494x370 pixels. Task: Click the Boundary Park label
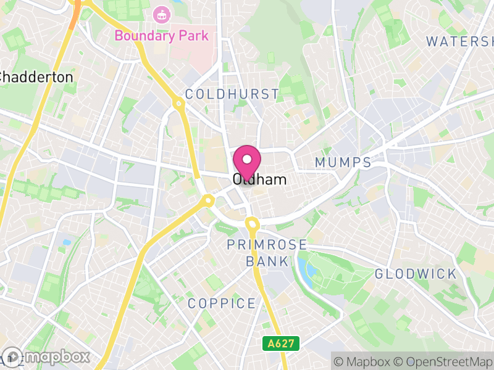(x=161, y=35)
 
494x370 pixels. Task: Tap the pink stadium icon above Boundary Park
(x=161, y=14)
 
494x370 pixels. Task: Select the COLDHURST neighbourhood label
(x=232, y=94)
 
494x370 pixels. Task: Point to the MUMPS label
(x=343, y=162)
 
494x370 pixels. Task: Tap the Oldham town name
(x=260, y=180)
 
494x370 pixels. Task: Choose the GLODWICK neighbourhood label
(x=416, y=274)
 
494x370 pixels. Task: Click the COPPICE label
(x=222, y=303)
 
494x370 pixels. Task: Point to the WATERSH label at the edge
(x=459, y=41)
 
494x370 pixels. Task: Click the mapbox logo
(x=46, y=356)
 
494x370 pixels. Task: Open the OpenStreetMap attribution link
(x=444, y=360)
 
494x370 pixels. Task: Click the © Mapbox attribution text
(x=362, y=360)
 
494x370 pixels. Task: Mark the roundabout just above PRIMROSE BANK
(x=251, y=223)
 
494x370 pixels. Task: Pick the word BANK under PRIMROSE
(x=267, y=261)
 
